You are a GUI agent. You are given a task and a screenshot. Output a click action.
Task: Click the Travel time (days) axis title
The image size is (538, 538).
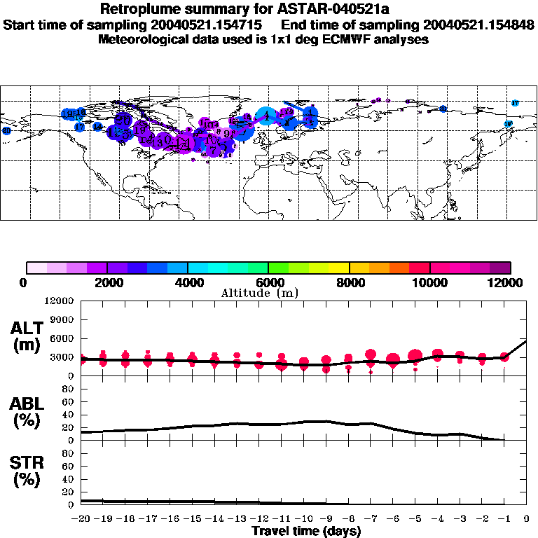(x=306, y=532)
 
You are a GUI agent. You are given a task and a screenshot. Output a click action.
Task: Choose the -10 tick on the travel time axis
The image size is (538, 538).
(x=304, y=519)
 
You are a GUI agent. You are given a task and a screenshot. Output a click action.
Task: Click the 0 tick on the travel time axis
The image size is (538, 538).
(x=527, y=519)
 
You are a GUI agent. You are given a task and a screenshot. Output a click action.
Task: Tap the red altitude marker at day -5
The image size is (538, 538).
(x=415, y=356)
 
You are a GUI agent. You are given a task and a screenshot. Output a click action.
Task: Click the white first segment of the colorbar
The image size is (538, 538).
(x=36, y=267)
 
